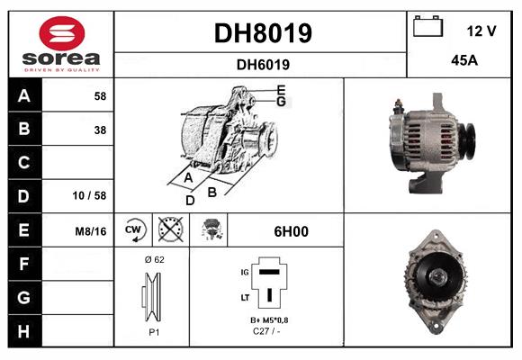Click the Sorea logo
[61, 44]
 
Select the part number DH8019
[262, 33]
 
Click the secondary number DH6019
[262, 64]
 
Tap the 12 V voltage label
[481, 31]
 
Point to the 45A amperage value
[463, 62]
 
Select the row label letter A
[24, 95]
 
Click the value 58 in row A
[99, 95]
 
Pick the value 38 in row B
[99, 130]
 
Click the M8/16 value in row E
[92, 231]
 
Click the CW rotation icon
[135, 231]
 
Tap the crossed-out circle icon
[169, 231]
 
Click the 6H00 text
[291, 231]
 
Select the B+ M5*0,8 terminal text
[269, 320]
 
